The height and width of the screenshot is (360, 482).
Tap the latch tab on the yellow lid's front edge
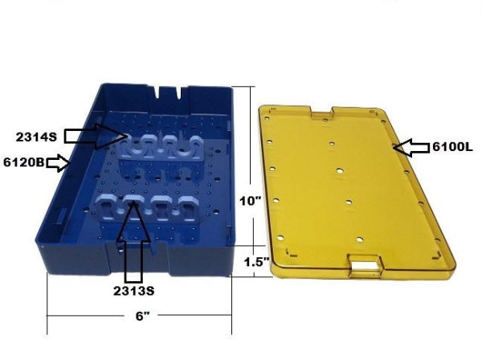pyautogui.click(x=365, y=265)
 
